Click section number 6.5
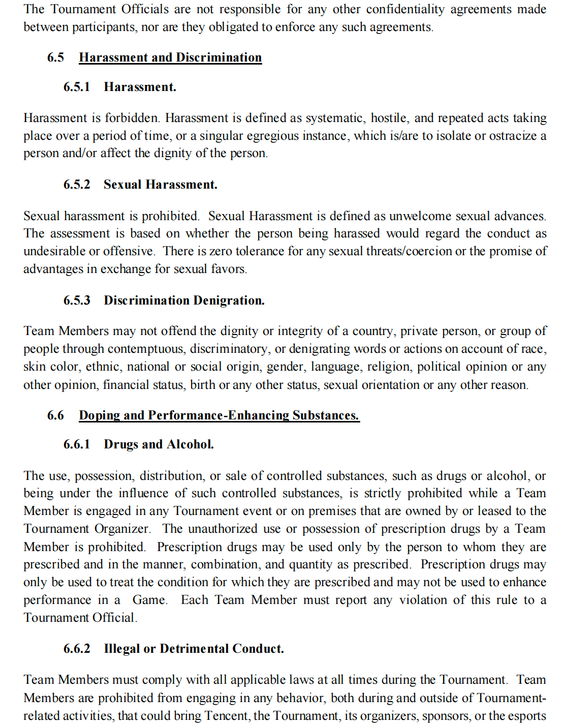pos(55,57)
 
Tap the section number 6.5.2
pos(77,185)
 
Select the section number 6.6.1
pos(77,444)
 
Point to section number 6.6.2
pos(77,649)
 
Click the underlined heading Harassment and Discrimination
pos(170,57)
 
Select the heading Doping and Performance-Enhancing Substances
pos(219,415)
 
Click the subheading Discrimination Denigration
pos(184,300)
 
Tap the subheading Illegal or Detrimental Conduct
pos(194,649)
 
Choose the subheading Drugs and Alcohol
pos(159,444)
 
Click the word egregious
pos(272,136)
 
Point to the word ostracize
pos(508,136)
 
